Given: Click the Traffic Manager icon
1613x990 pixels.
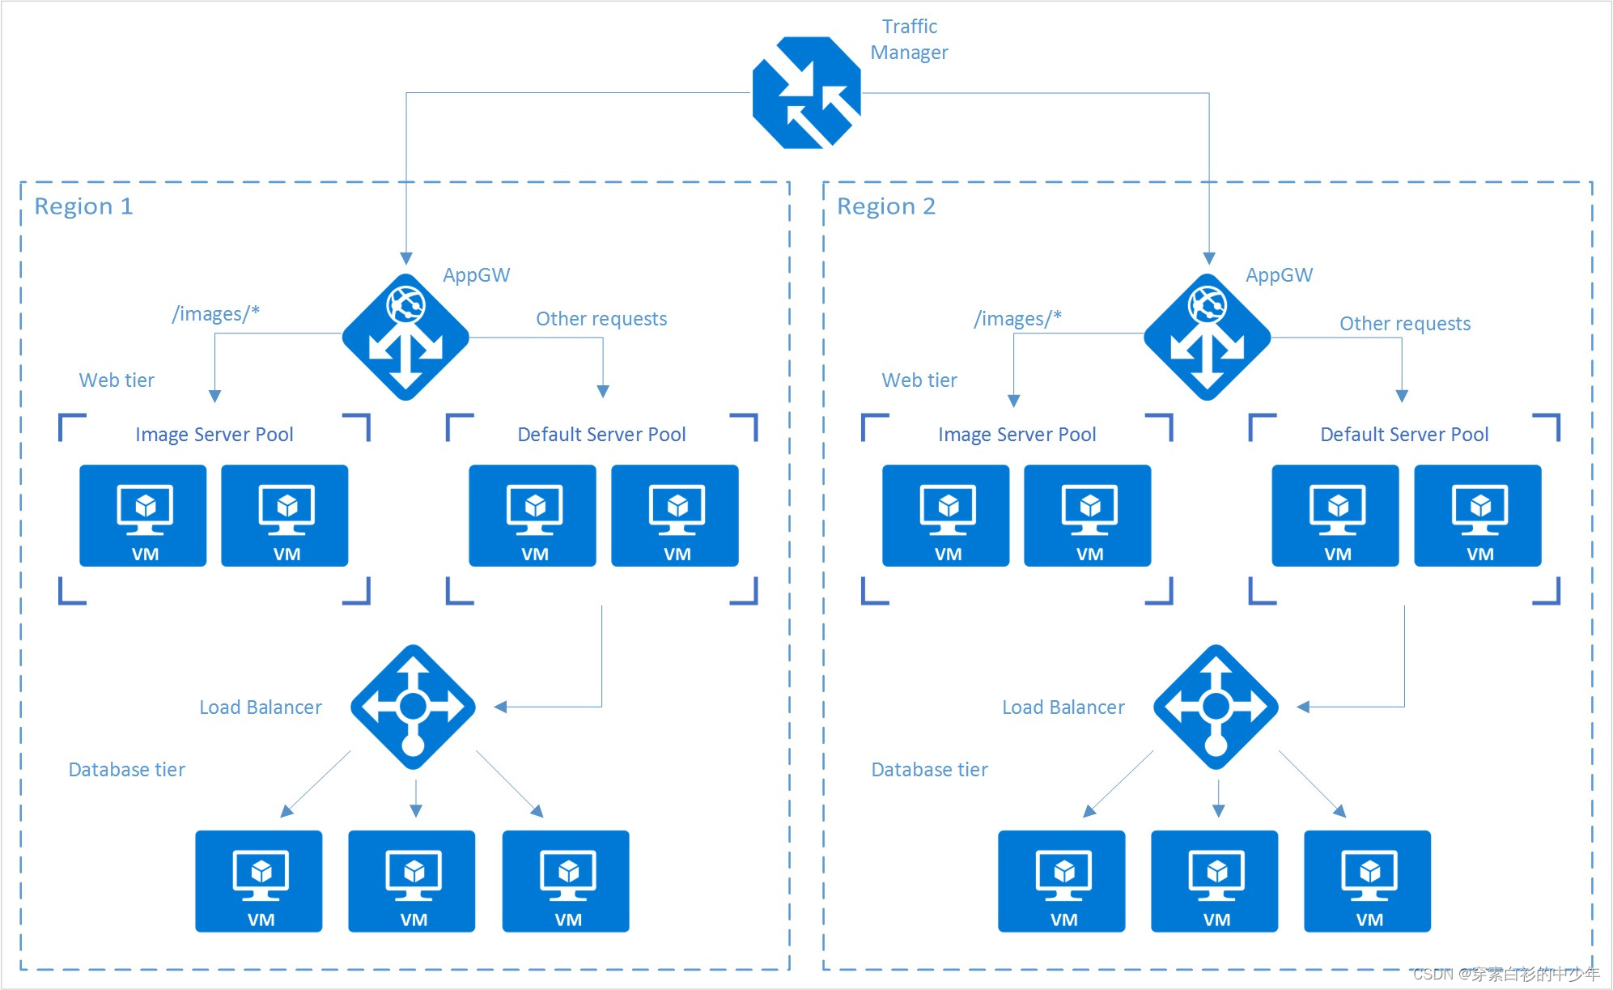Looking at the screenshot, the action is coord(806,92).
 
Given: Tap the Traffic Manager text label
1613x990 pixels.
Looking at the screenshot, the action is coord(909,39).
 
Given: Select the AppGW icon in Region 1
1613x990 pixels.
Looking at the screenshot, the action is coord(405,337).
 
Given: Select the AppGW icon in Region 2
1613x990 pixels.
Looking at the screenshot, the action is coord(1208,337).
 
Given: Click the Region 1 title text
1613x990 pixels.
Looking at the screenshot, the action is coord(83,206).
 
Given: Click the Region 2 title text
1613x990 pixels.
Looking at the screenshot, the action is coord(886,206).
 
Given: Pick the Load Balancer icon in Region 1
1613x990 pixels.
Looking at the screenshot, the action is coord(413,707).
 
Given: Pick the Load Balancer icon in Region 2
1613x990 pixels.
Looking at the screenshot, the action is coord(1216,707).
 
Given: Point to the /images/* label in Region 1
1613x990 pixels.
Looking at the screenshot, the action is coord(216,314).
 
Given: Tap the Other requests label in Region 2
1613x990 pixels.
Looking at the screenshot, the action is coord(1405,324).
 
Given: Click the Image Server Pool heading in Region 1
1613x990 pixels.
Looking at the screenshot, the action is coord(214,435).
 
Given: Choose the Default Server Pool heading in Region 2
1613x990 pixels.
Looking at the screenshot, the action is coord(1404,435).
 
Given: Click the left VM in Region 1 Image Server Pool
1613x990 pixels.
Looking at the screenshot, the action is coord(143,516).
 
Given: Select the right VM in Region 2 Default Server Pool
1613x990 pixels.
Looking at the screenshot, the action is coord(1478,516).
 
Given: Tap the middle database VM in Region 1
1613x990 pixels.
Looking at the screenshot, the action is coord(412,882).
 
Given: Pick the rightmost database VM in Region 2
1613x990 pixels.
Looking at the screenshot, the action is coord(1368,882).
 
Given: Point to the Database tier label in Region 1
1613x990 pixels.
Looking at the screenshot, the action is coord(127,770).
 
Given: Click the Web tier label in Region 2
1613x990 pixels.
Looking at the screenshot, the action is coord(919,380).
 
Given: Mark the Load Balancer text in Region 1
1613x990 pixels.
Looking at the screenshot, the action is coord(261,707).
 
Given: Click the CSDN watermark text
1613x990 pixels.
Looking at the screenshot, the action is coord(1506,974).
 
